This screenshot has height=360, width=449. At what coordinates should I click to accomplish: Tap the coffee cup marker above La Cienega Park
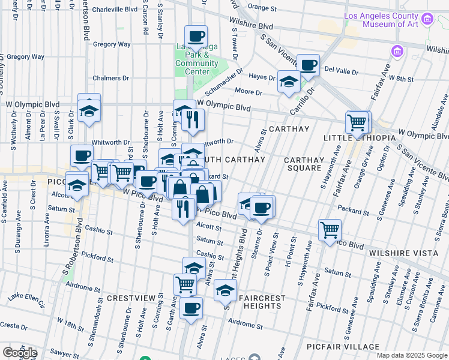tap(196, 37)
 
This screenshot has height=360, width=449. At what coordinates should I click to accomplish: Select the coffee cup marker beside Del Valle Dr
tap(308, 65)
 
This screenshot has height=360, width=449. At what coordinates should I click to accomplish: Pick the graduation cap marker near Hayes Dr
tap(289, 82)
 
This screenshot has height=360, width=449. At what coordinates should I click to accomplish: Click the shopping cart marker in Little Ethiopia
tap(357, 122)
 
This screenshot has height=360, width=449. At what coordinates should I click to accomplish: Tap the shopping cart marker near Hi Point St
tap(330, 230)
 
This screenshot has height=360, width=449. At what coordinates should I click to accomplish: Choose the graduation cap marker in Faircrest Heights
tap(225, 291)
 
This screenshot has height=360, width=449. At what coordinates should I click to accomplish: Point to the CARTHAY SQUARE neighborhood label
tap(304, 164)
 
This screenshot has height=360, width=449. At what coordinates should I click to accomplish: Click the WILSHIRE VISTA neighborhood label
tap(403, 253)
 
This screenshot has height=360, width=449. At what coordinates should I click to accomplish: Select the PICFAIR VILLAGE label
tap(349, 347)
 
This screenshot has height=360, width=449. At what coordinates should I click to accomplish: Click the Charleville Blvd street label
tap(115, 10)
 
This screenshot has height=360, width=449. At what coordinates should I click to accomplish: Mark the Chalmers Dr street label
tap(111, 78)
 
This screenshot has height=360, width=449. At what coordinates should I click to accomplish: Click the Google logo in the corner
tap(20, 352)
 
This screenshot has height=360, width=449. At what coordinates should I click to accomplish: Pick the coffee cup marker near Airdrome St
tap(191, 308)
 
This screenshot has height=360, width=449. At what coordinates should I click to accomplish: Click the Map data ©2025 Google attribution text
tap(412, 355)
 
